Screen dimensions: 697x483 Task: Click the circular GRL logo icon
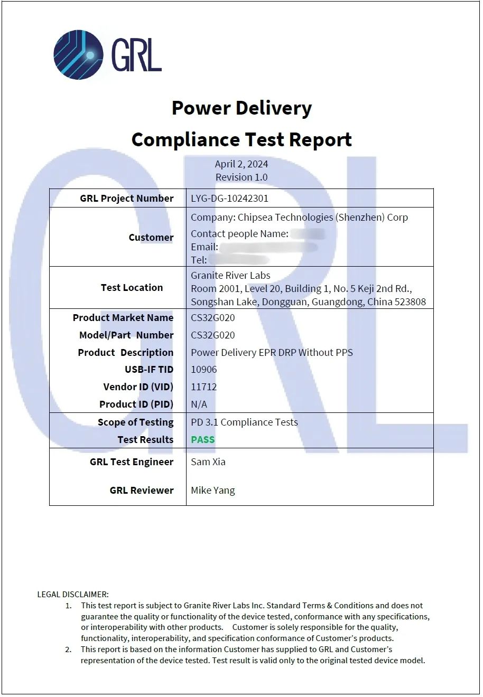(78, 54)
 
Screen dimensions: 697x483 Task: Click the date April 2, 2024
(241, 164)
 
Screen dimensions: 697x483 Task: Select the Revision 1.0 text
(241, 177)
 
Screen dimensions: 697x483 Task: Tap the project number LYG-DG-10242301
(229, 199)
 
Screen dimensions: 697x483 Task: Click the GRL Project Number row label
(127, 199)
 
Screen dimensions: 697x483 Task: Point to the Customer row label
(151, 237)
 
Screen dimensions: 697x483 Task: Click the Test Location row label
(132, 287)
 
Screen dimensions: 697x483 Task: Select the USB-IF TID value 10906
(204, 370)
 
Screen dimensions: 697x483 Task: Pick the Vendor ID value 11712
(204, 387)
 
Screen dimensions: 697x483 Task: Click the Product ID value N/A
(199, 404)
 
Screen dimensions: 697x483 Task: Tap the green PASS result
(203, 440)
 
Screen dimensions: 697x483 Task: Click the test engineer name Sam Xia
(208, 462)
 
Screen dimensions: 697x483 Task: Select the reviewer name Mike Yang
(213, 491)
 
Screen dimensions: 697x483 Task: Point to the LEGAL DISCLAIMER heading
(73, 595)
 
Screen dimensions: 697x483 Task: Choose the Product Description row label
(126, 353)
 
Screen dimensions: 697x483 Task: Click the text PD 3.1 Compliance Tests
(244, 422)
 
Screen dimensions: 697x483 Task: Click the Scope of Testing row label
(136, 422)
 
